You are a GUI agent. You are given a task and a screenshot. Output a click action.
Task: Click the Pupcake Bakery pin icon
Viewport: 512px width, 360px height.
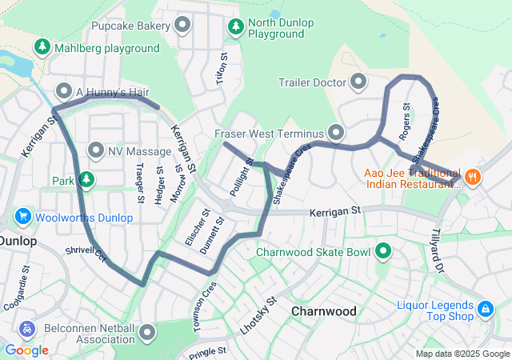[182, 26]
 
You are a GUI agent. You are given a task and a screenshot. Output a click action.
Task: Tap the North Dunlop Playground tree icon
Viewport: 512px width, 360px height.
[236, 27]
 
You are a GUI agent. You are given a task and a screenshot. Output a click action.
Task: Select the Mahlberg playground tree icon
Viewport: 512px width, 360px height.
[42, 48]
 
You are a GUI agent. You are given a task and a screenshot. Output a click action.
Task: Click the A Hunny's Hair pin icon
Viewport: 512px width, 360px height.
[64, 91]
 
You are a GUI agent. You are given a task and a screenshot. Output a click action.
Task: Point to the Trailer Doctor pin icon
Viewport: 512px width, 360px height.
[358, 82]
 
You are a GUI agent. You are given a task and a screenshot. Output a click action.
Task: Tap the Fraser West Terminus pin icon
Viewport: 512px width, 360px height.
[335, 132]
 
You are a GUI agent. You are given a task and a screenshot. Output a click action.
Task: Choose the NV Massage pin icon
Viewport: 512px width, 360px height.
[96, 150]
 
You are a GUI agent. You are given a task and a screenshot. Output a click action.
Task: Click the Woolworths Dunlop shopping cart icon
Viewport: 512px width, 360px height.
[22, 217]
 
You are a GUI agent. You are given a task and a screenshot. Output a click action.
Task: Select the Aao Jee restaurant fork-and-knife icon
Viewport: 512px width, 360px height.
[473, 177]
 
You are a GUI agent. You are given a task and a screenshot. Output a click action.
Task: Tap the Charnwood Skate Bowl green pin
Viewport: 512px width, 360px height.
[383, 253]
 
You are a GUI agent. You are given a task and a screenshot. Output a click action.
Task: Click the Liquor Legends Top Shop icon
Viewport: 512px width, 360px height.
[485, 309]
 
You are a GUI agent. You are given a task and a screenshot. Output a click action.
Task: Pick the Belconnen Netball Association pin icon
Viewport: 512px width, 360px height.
[147, 332]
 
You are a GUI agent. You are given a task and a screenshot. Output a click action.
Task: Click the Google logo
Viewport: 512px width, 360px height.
[26, 350]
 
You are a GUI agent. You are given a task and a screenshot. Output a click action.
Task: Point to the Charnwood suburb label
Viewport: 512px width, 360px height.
[323, 310]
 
